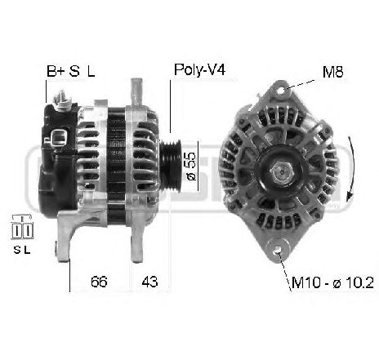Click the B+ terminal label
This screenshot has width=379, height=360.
coord(55,71)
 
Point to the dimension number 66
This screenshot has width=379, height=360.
coord(97,283)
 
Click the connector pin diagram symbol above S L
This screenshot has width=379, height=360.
coord(22,223)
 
